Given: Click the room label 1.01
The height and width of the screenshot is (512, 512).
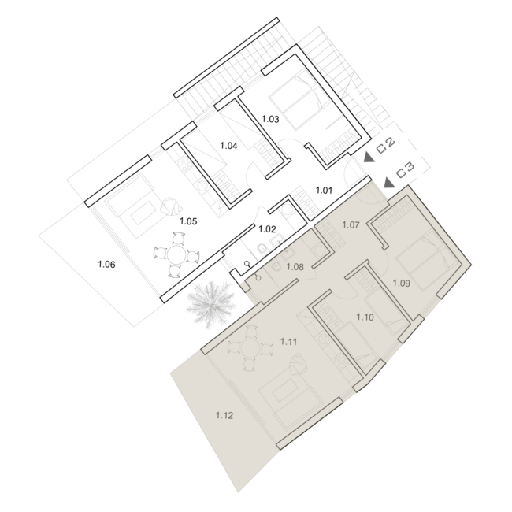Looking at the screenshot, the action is click(x=324, y=190).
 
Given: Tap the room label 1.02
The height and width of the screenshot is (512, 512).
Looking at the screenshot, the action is click(x=267, y=229).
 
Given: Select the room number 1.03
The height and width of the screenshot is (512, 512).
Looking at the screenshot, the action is click(x=270, y=119).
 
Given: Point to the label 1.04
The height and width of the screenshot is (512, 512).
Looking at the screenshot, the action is click(x=228, y=146).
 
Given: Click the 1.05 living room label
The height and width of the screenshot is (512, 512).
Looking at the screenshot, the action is click(x=188, y=221).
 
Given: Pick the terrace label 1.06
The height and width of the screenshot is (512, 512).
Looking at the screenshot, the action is click(x=107, y=264).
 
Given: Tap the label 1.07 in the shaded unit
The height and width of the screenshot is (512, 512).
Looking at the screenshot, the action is click(x=351, y=225).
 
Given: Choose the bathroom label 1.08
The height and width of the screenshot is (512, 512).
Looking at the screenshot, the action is click(x=295, y=267).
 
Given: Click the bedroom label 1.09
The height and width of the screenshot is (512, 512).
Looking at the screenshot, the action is click(x=401, y=283).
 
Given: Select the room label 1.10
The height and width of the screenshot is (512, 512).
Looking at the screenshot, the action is click(x=365, y=317).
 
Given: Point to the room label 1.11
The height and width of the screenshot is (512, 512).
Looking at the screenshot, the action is click(x=288, y=342).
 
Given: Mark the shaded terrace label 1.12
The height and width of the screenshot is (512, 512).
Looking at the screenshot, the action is click(x=224, y=416).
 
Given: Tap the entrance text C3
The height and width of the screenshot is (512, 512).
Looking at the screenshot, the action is click(x=405, y=170).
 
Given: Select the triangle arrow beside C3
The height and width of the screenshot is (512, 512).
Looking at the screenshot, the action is click(x=388, y=183).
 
